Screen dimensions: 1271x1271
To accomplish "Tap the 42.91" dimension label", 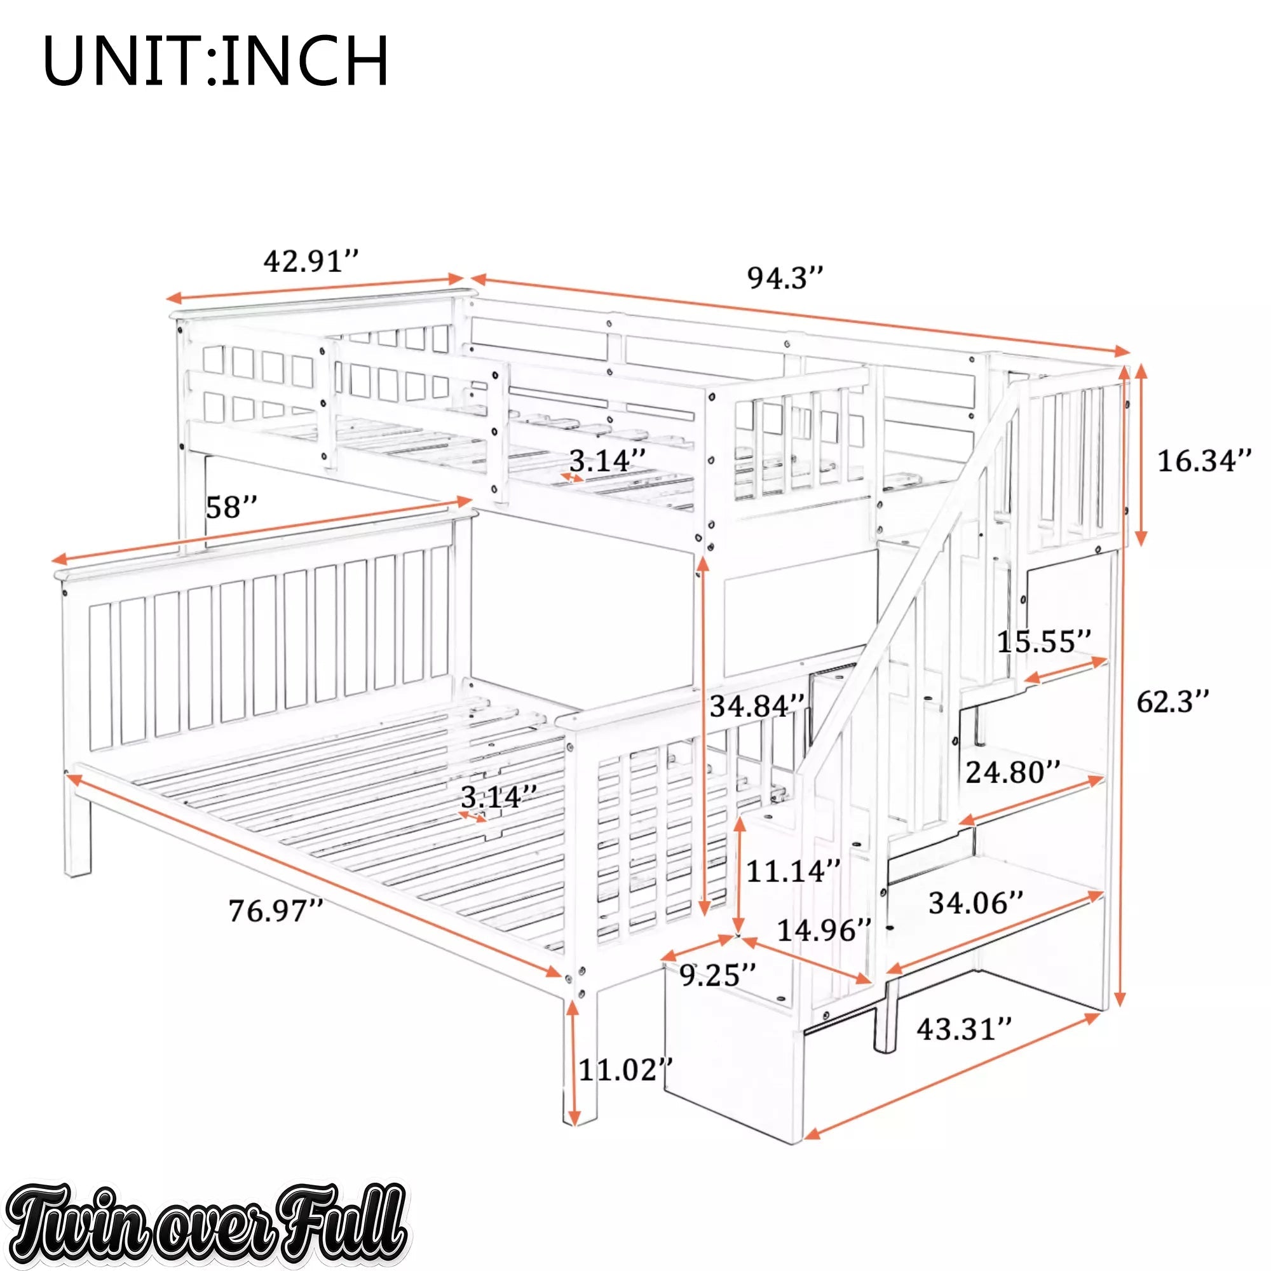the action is [x=311, y=261].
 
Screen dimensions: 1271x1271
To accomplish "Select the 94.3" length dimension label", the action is [x=785, y=278].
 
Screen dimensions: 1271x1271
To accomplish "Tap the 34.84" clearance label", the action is [x=758, y=706].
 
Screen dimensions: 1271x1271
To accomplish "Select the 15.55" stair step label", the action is [x=1045, y=641].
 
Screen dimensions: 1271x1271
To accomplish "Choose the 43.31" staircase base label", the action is [x=965, y=1028].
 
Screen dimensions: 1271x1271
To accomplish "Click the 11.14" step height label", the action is [x=793, y=871].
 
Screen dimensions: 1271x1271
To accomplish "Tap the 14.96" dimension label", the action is [x=825, y=930].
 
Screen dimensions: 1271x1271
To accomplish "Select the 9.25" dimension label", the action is [x=717, y=974].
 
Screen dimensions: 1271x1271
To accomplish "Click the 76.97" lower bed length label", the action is [x=276, y=911].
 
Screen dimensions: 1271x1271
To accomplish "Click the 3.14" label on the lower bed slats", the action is [x=499, y=798].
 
